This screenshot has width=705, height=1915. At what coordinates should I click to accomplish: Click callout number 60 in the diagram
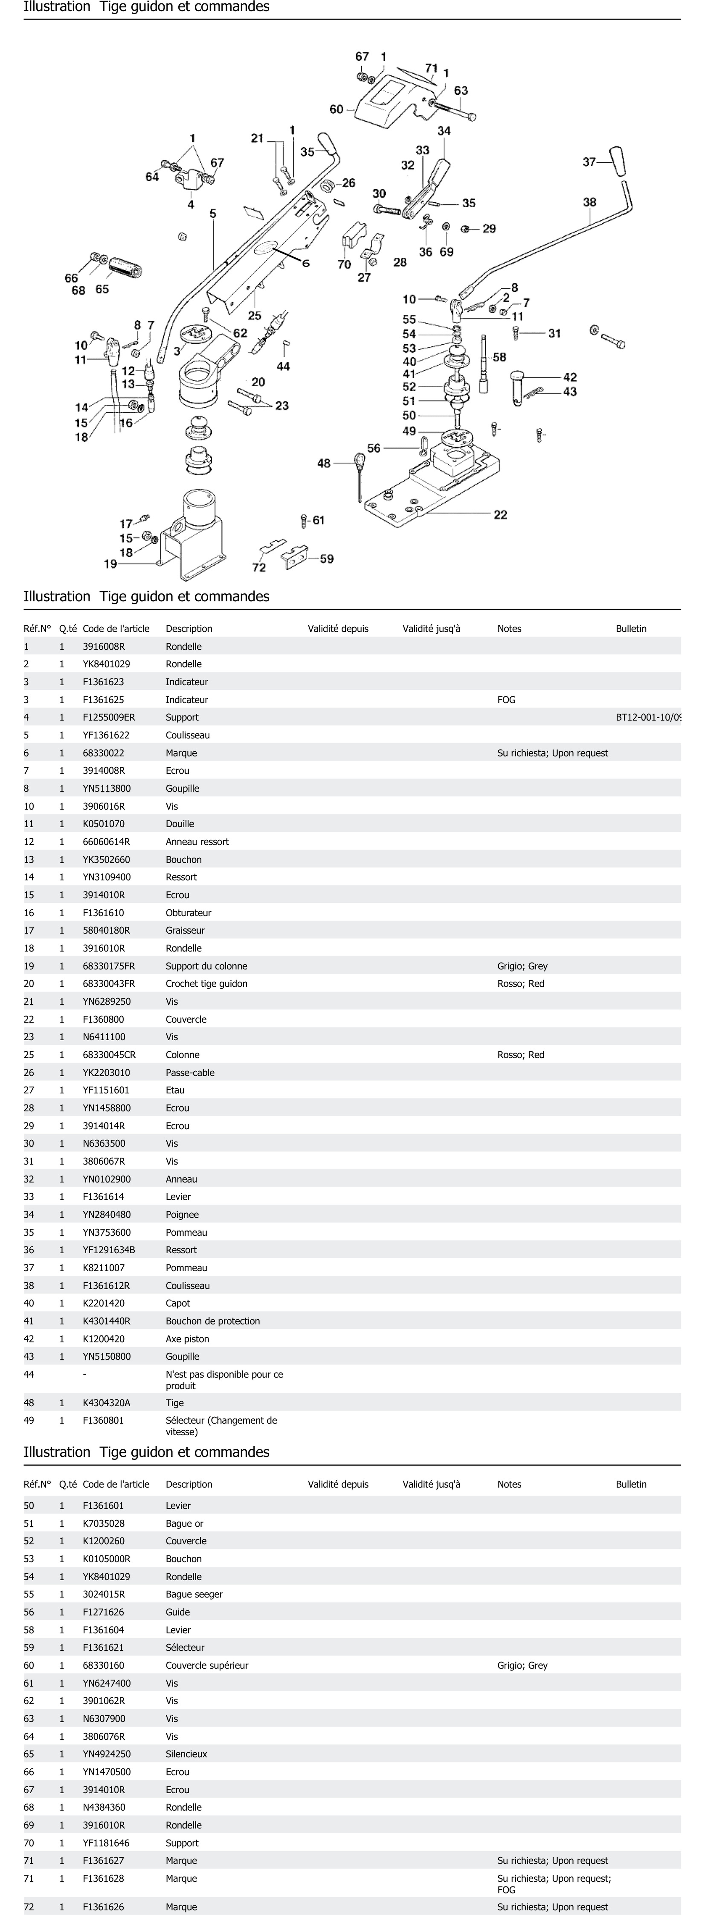(x=336, y=109)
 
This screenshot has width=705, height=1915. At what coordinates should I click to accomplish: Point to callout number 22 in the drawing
(x=500, y=514)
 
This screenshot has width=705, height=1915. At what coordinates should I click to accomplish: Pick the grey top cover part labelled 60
(x=387, y=104)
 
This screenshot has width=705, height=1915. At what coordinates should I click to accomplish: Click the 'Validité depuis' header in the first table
(x=338, y=628)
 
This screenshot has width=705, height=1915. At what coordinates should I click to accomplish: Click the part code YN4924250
(x=106, y=1754)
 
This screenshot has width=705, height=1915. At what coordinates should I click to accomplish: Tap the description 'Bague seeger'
(x=194, y=1594)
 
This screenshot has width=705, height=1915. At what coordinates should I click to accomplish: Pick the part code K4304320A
(x=106, y=1403)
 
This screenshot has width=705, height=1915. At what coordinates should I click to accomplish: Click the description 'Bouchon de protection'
(x=213, y=1321)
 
